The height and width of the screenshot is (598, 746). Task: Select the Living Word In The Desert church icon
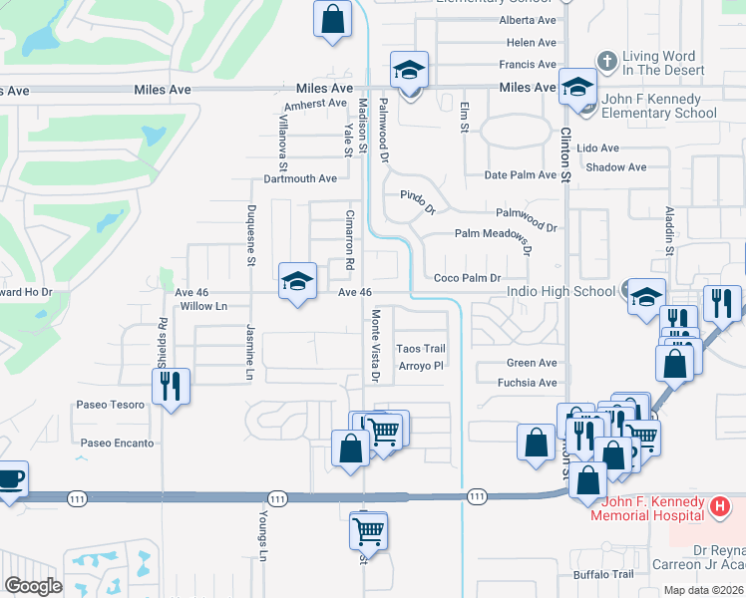pyautogui.click(x=605, y=62)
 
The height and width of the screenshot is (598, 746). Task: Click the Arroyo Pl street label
pyautogui.click(x=420, y=366)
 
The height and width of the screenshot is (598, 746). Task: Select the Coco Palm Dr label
pyautogui.click(x=466, y=278)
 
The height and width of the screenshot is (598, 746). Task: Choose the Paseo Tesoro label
pyautogui.click(x=111, y=405)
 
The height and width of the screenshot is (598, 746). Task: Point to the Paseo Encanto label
pyautogui.click(x=118, y=444)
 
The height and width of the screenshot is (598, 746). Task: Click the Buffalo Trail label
pyautogui.click(x=602, y=574)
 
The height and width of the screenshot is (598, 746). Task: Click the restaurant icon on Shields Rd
pyautogui.click(x=170, y=384)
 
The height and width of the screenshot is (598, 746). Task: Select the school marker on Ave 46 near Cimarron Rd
pyautogui.click(x=297, y=281)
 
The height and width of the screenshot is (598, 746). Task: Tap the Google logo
pyautogui.click(x=33, y=586)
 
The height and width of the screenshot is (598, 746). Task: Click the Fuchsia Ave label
pyautogui.click(x=532, y=383)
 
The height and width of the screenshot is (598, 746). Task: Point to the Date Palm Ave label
pyautogui.click(x=520, y=175)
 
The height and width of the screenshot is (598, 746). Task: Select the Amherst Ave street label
pyautogui.click(x=314, y=105)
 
